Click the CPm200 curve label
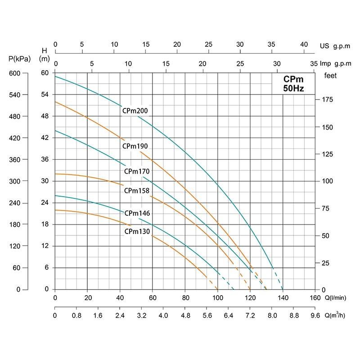tap(135, 111)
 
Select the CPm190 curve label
tap(135, 146)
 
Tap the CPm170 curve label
tap(137, 171)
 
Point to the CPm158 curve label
tap(137, 190)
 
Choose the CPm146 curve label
tap(137, 213)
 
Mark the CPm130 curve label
tap(137, 232)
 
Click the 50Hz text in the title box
tap(293, 88)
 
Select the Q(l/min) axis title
tap(337, 297)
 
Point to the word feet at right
tap(331, 76)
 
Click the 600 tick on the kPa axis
tap(15, 73)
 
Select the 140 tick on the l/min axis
tap(283, 297)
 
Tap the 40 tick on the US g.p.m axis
tap(304, 45)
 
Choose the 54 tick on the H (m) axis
tap(45, 94)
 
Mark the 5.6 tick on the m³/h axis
tap(207, 316)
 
